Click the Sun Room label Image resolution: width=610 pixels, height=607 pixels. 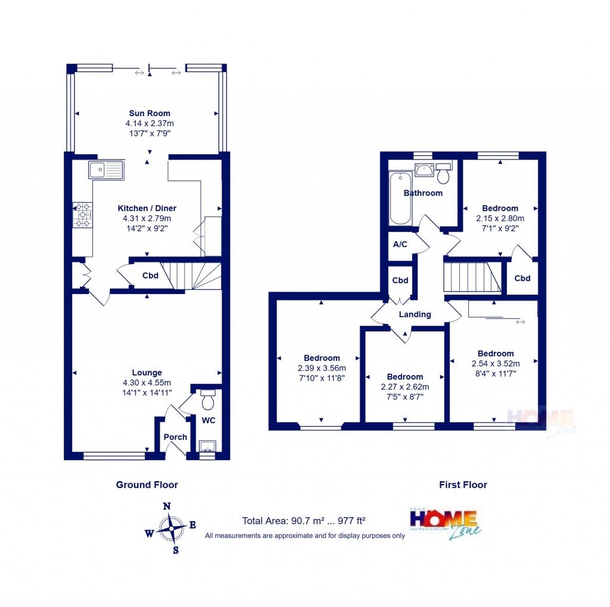coord(150,113)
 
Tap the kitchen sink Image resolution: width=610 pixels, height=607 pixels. coord(105,170)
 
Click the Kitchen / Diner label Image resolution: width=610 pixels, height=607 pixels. coord(147,208)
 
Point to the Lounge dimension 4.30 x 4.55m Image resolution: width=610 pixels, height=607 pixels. coord(147,383)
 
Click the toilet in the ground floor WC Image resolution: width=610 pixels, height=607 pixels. coord(208,401)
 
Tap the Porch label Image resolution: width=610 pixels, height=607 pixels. coord(175,437)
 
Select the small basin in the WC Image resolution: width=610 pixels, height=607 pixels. coord(207,446)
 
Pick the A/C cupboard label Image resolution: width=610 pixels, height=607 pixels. coord(400,245)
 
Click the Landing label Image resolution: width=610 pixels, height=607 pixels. coord(415,314)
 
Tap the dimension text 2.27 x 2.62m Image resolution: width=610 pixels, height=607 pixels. coord(405,386)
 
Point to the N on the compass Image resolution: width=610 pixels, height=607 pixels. coord(167,506)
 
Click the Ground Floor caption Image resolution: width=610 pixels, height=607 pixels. coord(147,485)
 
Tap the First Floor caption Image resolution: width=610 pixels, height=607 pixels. coord(463,485)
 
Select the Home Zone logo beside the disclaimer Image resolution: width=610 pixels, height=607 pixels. coord(445,522)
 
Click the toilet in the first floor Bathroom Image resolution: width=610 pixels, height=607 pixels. coord(443,174)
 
